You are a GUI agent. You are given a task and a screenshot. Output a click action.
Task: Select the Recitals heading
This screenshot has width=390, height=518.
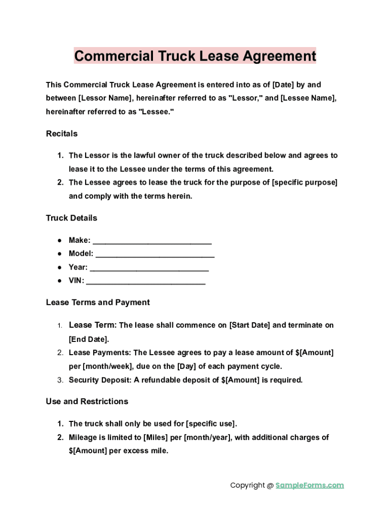coord(62,134)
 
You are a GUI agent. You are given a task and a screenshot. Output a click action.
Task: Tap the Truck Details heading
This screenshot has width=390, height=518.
coord(71,218)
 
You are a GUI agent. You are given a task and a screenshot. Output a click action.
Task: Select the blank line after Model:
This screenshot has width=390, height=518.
coord(154,254)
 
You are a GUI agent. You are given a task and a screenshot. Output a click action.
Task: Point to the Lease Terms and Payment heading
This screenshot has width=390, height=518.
coord(98,303)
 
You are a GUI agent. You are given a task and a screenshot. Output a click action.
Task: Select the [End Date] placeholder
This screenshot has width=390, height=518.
coord(89,339)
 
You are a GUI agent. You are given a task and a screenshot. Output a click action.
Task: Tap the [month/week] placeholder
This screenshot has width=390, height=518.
coord(107,366)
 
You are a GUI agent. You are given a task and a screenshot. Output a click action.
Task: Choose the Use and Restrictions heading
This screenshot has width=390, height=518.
coord(87,402)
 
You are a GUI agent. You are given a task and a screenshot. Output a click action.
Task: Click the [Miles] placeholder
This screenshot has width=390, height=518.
coord(156,438)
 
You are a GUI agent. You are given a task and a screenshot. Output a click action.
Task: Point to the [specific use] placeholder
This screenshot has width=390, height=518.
coord(211,424)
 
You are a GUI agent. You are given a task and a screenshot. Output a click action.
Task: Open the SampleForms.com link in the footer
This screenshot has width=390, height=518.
coord(309,485)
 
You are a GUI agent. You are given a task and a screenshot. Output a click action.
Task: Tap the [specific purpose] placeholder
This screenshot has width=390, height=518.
coord(305,183)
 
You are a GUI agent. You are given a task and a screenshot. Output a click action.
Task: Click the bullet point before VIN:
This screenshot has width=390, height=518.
coord(59,281)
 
